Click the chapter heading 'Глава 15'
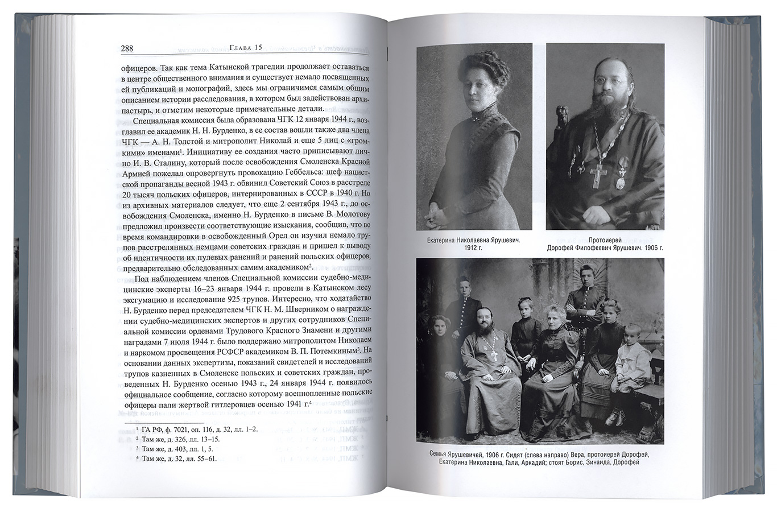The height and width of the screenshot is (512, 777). [245, 47]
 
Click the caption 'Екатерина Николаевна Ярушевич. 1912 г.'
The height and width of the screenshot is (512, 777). [474, 244]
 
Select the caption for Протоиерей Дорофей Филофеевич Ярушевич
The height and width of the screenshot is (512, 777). [605, 244]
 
